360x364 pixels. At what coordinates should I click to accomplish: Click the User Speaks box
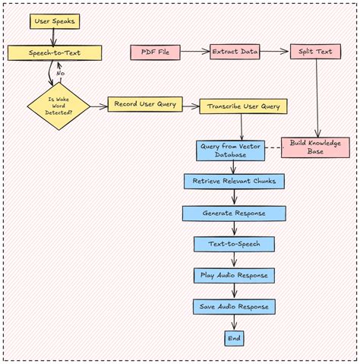pyautogui.click(x=55, y=21)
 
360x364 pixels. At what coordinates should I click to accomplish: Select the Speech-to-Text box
pyautogui.click(x=54, y=53)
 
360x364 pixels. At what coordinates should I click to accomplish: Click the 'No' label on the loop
pyautogui.click(x=60, y=73)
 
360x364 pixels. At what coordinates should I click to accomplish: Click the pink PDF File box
pyautogui.click(x=155, y=52)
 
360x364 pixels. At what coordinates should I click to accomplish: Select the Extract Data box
pyautogui.click(x=235, y=52)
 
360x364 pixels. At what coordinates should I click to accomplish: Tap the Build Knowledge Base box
pyautogui.click(x=315, y=147)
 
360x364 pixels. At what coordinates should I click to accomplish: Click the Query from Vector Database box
pyautogui.click(x=231, y=150)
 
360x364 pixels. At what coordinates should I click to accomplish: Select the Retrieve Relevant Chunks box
pyautogui.click(x=234, y=182)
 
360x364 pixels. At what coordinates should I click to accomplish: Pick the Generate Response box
pyautogui.click(x=234, y=214)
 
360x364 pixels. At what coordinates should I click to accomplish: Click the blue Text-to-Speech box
pyautogui.click(x=234, y=244)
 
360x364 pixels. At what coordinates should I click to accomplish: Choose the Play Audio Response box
pyautogui.click(x=234, y=275)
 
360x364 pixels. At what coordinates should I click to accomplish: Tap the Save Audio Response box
pyautogui.click(x=234, y=306)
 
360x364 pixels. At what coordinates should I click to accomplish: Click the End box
pyautogui.click(x=234, y=337)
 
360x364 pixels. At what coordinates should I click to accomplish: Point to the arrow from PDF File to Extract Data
pyautogui.click(x=194, y=52)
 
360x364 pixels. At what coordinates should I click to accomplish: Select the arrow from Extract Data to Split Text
pyautogui.click(x=274, y=52)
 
